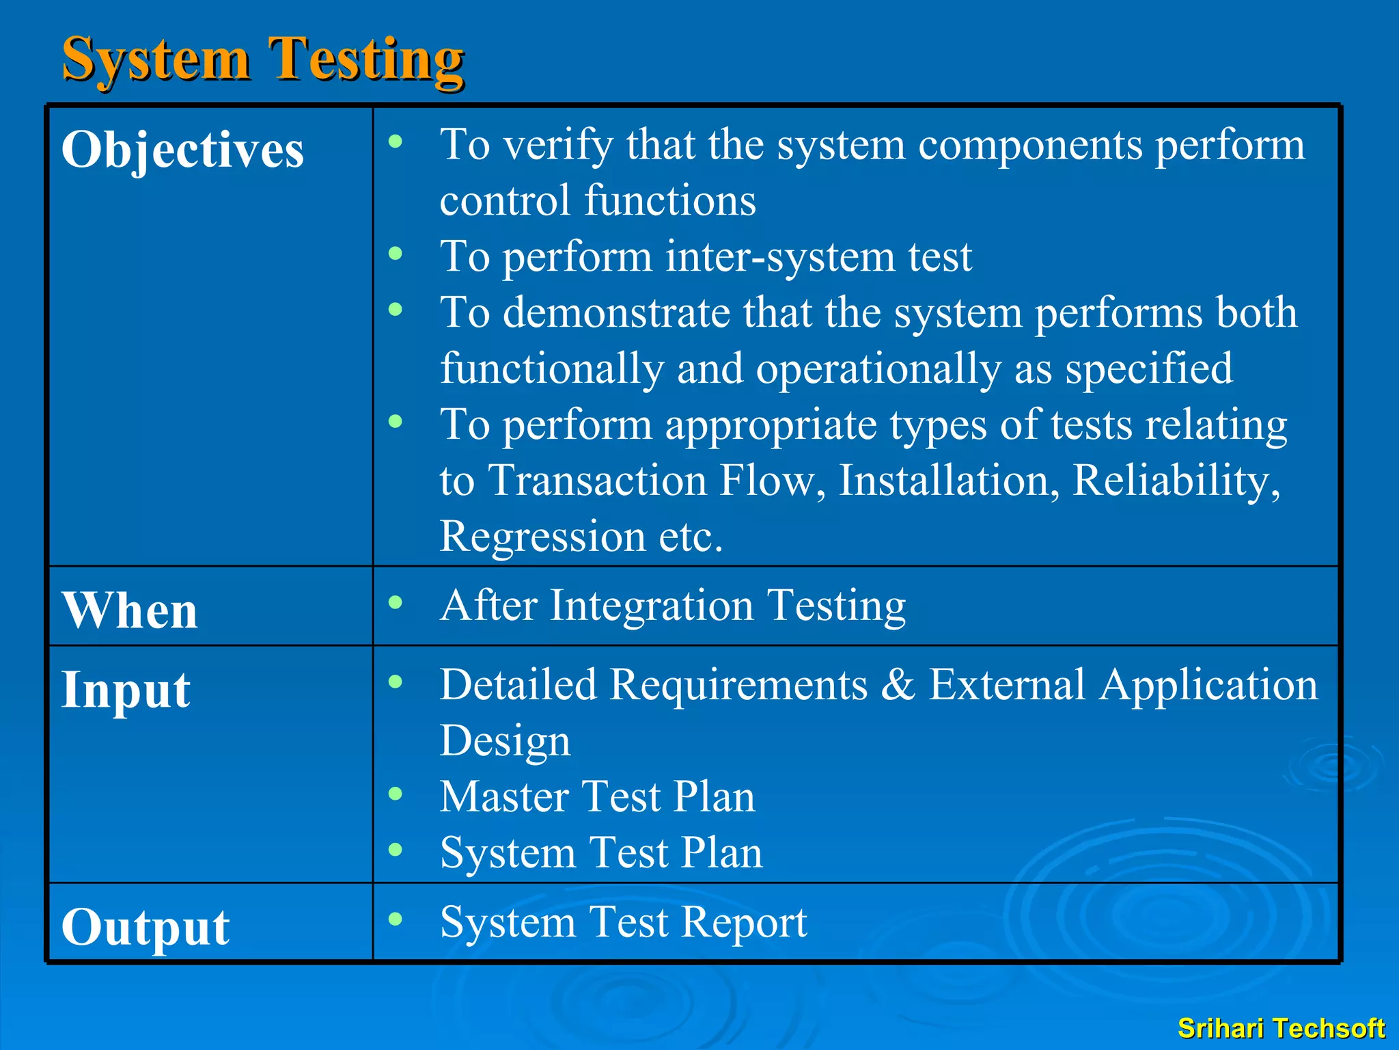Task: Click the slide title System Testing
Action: point(263,60)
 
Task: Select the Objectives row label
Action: point(182,150)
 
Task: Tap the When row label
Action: point(130,610)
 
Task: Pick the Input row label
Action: point(126,690)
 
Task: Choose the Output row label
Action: point(146,927)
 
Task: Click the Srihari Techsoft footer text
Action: point(1281,1028)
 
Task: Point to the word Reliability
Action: point(1176,481)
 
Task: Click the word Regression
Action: point(542,537)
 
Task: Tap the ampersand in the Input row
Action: point(898,685)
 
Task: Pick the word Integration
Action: point(652,606)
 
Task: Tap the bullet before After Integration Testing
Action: point(396,602)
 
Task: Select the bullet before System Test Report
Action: point(396,919)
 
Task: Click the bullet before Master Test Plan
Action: point(396,794)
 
